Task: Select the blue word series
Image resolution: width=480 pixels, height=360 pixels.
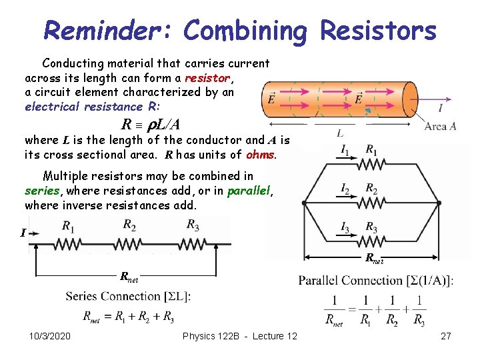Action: tap(42, 191)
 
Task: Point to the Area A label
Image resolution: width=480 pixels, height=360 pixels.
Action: tap(440, 126)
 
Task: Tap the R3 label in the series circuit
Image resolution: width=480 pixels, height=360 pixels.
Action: tap(193, 224)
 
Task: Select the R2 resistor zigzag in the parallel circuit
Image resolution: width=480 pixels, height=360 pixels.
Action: tap(371, 202)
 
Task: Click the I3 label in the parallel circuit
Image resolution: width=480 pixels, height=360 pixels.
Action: tap(345, 229)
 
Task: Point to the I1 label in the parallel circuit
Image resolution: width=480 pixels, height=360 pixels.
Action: tap(345, 151)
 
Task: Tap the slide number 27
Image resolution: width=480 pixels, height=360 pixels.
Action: tap(446, 336)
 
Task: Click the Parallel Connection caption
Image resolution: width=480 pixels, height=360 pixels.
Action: tap(376, 280)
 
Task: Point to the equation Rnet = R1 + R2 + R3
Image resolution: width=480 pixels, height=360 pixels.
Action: tap(129, 315)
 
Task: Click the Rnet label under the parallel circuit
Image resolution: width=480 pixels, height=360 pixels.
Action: tap(373, 259)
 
